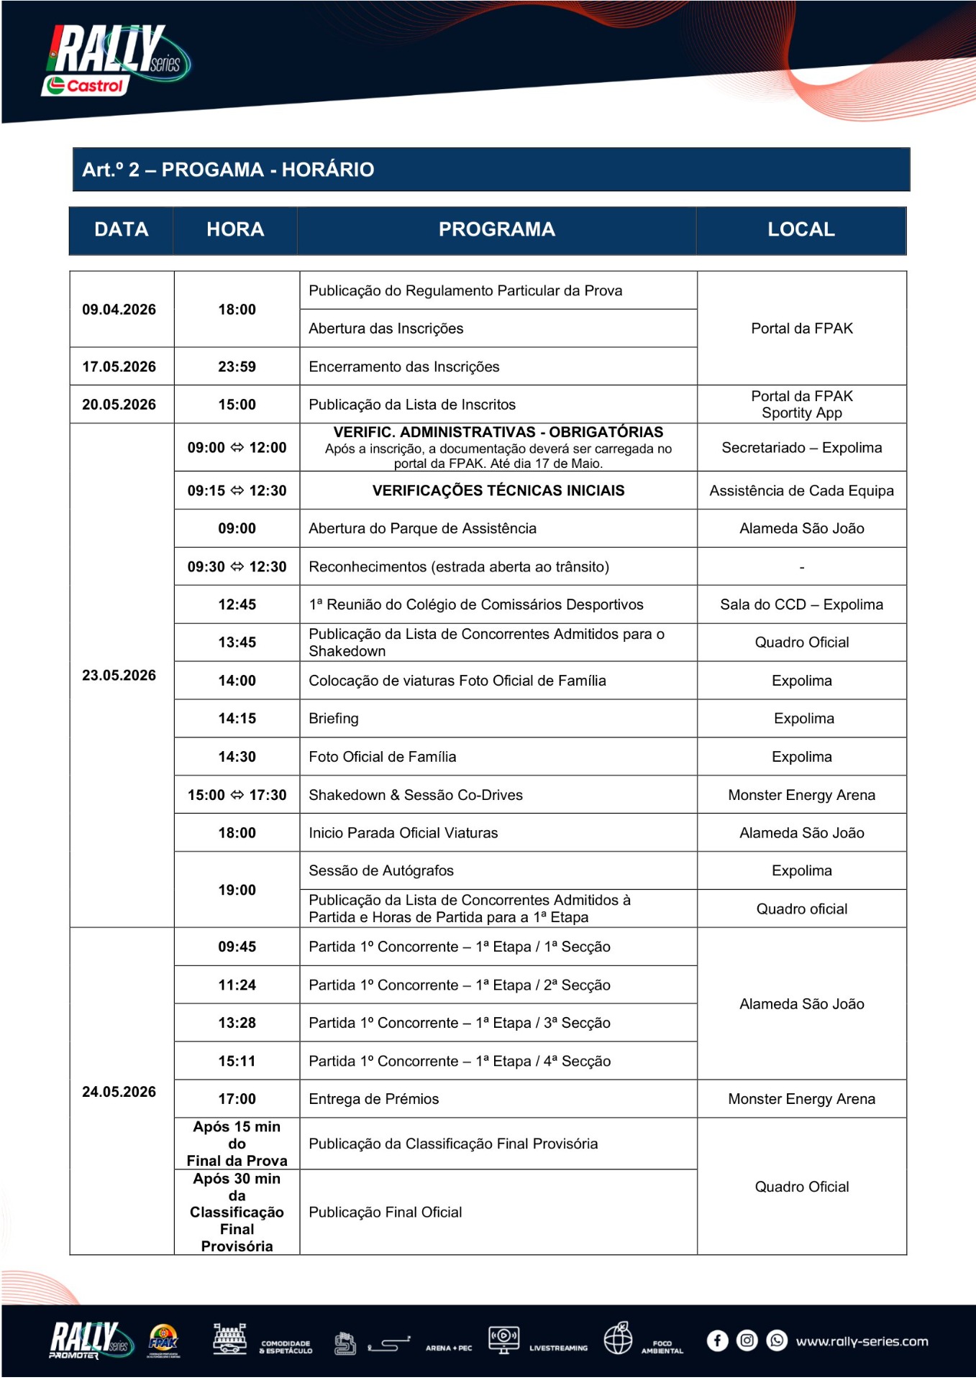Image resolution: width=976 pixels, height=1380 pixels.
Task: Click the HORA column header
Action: click(235, 229)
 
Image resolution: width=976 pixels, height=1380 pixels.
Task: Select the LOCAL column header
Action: click(801, 229)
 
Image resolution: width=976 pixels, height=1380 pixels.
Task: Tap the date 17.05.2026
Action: click(119, 367)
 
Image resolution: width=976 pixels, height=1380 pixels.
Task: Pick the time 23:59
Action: click(237, 367)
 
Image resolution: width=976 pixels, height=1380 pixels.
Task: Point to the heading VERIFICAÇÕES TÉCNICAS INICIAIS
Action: click(498, 491)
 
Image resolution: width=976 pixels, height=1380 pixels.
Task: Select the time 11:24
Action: click(237, 985)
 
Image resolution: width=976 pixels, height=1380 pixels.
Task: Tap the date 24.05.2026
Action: click(119, 1092)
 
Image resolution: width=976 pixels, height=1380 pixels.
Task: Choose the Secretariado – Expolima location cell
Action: click(801, 448)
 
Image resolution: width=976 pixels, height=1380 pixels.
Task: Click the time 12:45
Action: click(237, 604)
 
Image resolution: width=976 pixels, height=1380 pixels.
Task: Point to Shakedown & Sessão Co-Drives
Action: click(415, 795)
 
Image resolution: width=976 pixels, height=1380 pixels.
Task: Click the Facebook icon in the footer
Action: click(717, 1341)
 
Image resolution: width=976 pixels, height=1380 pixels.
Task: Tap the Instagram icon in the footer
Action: click(747, 1341)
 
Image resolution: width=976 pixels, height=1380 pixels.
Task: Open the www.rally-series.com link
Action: click(862, 1341)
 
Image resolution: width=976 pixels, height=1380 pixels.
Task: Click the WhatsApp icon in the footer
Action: click(777, 1341)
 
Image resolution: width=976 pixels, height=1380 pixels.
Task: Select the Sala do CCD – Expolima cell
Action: click(801, 604)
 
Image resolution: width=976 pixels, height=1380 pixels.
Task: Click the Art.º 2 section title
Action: click(228, 170)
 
